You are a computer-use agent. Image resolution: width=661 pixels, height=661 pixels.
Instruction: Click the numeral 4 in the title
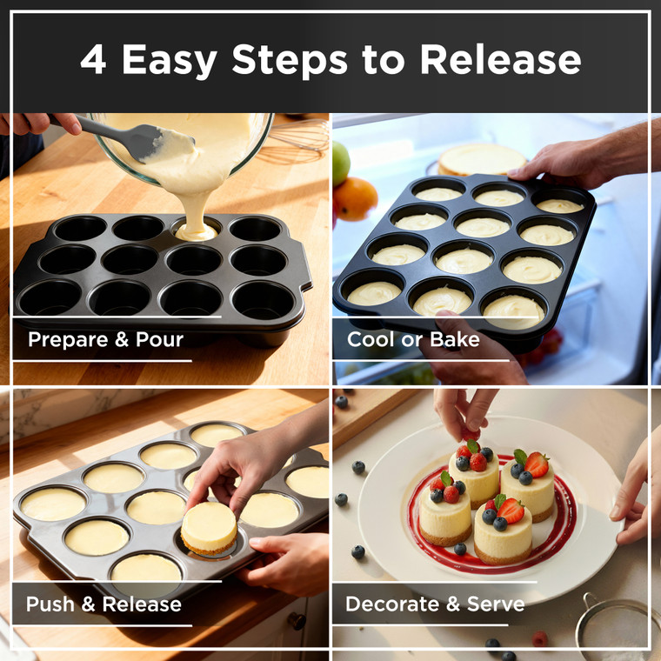pyautogui.click(x=95, y=59)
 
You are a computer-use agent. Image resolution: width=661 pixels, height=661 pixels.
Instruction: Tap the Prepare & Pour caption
pyautogui.click(x=105, y=339)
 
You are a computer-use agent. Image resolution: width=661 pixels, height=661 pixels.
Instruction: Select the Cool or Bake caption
pyautogui.click(x=413, y=339)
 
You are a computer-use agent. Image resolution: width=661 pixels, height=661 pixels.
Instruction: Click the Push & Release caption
pyautogui.click(x=103, y=604)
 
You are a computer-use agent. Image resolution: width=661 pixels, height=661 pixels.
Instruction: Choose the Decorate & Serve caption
pyautogui.click(x=435, y=604)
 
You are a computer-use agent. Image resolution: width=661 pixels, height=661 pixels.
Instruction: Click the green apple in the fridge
pyautogui.click(x=340, y=163)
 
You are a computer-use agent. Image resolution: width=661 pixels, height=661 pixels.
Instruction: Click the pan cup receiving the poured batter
pyautogui.click(x=196, y=230)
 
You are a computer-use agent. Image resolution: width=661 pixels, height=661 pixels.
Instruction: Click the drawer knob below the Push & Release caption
pyautogui.click(x=297, y=621)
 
